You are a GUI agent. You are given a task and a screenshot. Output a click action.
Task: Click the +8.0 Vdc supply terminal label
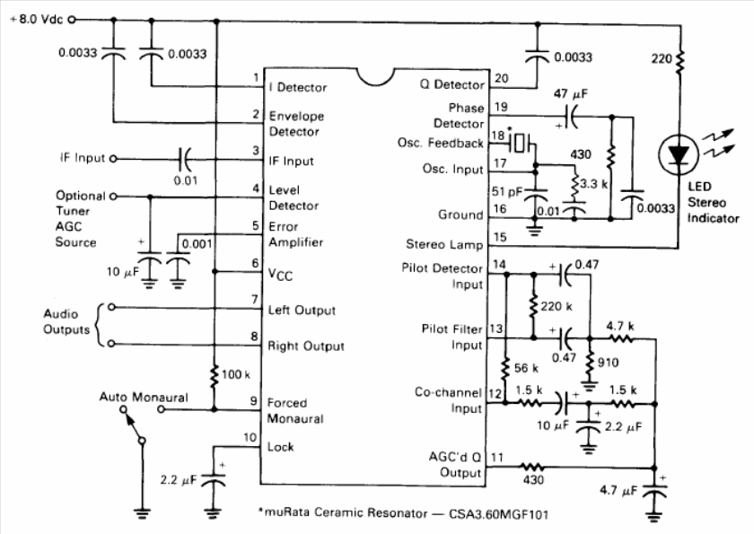point(37,20)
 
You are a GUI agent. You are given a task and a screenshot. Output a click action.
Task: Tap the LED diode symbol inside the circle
point(679,154)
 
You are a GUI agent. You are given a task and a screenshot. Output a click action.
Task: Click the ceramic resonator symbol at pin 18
point(519,142)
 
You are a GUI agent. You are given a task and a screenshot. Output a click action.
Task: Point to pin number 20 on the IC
point(501,78)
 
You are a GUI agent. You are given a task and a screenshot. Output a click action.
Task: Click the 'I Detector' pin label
point(298,87)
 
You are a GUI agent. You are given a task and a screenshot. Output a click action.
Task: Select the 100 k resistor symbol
point(215,374)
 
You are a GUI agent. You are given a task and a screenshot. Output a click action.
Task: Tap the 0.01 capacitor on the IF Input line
point(185,159)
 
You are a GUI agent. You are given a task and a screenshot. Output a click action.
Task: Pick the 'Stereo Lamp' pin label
point(443,244)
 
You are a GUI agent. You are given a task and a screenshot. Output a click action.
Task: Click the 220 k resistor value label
point(556,306)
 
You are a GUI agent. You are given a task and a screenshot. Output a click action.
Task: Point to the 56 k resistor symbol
point(504,369)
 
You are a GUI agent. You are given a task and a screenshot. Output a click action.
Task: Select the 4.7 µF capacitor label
point(618,491)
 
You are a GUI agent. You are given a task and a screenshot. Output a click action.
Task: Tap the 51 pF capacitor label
point(507,191)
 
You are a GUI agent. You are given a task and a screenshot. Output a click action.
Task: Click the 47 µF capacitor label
point(570,93)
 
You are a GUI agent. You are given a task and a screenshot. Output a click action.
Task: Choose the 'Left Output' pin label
point(302,310)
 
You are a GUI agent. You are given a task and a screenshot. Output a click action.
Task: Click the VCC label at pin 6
point(280,275)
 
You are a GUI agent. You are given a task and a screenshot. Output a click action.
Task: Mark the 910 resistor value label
point(608,363)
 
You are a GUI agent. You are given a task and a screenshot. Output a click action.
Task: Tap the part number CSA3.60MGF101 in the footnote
point(498,514)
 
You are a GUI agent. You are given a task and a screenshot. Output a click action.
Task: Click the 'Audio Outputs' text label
point(66,321)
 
